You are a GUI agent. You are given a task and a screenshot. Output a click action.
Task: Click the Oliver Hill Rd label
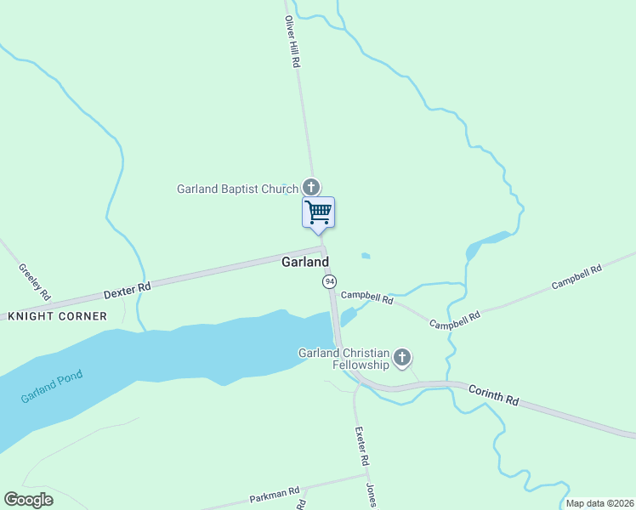(x=292, y=42)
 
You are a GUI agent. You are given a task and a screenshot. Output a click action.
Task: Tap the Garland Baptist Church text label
(x=237, y=189)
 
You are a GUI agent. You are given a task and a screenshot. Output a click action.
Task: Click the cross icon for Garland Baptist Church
(x=311, y=187)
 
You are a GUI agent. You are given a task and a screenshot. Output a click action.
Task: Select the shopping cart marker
(x=318, y=212)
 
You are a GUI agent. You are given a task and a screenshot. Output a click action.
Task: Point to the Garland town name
(x=305, y=263)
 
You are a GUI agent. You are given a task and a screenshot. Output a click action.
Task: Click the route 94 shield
(x=329, y=280)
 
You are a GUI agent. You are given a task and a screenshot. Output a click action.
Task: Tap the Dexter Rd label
(x=127, y=290)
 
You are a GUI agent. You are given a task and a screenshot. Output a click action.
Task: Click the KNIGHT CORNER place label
(x=58, y=316)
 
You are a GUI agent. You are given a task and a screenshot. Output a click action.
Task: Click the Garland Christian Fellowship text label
(x=344, y=359)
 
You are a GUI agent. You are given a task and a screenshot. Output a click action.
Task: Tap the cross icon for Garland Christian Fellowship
(x=402, y=357)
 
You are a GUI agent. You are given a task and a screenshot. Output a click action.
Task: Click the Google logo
(x=28, y=499)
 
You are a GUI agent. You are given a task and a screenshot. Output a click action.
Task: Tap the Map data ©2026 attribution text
(x=599, y=503)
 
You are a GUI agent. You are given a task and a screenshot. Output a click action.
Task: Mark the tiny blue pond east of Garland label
(x=366, y=255)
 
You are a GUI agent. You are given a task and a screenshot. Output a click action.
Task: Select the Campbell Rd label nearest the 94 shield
(x=366, y=298)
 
